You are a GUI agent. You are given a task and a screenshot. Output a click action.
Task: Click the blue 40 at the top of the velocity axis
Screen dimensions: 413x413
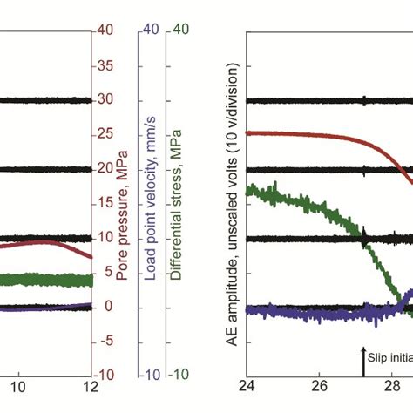pyautogui.click(x=149, y=30)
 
